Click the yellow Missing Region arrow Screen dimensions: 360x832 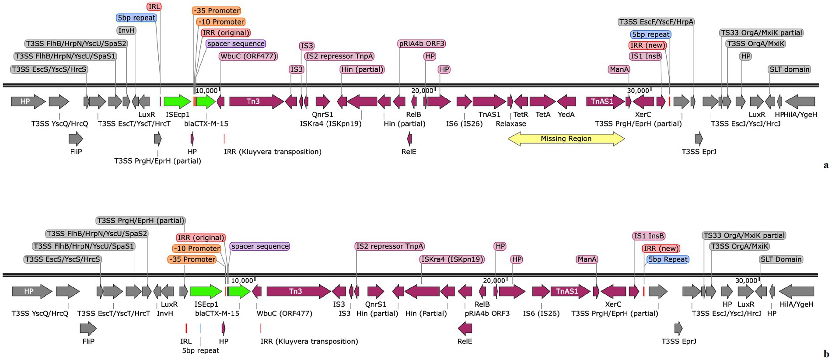tap(566, 139)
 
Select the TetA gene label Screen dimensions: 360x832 tap(543, 115)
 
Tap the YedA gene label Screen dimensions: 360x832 tap(566, 115)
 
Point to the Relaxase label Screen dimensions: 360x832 tap(510, 124)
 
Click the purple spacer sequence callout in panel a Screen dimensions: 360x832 tap(236, 44)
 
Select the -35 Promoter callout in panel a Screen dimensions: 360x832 tap(216, 10)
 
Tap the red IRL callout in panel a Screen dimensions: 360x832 tap(154, 7)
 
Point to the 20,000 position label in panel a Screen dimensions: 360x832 tap(422, 91)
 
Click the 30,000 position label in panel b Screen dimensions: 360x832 tap(746, 281)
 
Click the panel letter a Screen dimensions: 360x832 tap(826, 165)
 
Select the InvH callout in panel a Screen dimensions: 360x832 tap(126, 30)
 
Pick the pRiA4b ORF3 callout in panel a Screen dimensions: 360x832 tap(422, 44)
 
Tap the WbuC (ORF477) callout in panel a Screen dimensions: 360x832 tap(248, 56)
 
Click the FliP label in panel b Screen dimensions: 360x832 tap(88, 341)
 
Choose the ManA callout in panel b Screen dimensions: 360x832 tap(587, 259)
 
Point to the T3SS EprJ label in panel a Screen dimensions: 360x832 tap(699, 152)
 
